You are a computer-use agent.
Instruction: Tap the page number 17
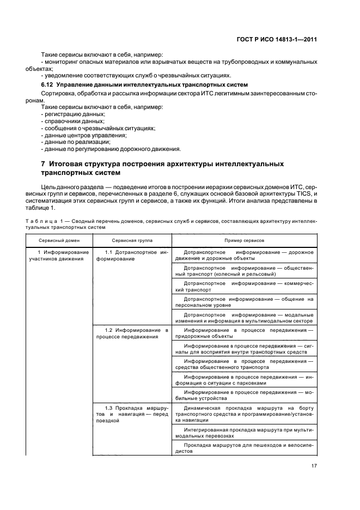click(314, 465)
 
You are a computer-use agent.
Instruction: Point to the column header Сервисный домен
click(59, 240)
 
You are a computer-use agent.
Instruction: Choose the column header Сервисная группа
click(132, 240)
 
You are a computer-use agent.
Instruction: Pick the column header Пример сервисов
click(244, 240)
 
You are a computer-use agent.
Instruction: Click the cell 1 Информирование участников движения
click(59, 256)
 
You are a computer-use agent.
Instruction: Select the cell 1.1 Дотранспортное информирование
click(132, 256)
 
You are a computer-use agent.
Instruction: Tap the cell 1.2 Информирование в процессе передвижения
click(132, 333)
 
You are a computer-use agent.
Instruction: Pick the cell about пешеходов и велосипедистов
click(244, 448)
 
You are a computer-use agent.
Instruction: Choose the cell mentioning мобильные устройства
click(244, 396)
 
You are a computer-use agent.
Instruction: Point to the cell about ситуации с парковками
click(244, 380)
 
